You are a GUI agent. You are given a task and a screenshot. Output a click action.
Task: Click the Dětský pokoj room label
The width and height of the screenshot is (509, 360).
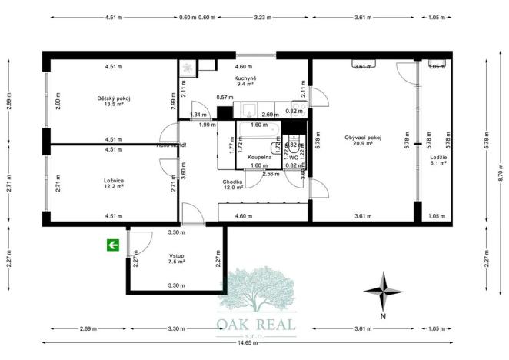pos(114,98)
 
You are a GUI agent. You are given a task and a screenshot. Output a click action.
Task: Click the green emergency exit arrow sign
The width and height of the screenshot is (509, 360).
pos(113,245)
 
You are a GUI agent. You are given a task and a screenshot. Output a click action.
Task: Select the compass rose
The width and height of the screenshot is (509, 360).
pos(382,291)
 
